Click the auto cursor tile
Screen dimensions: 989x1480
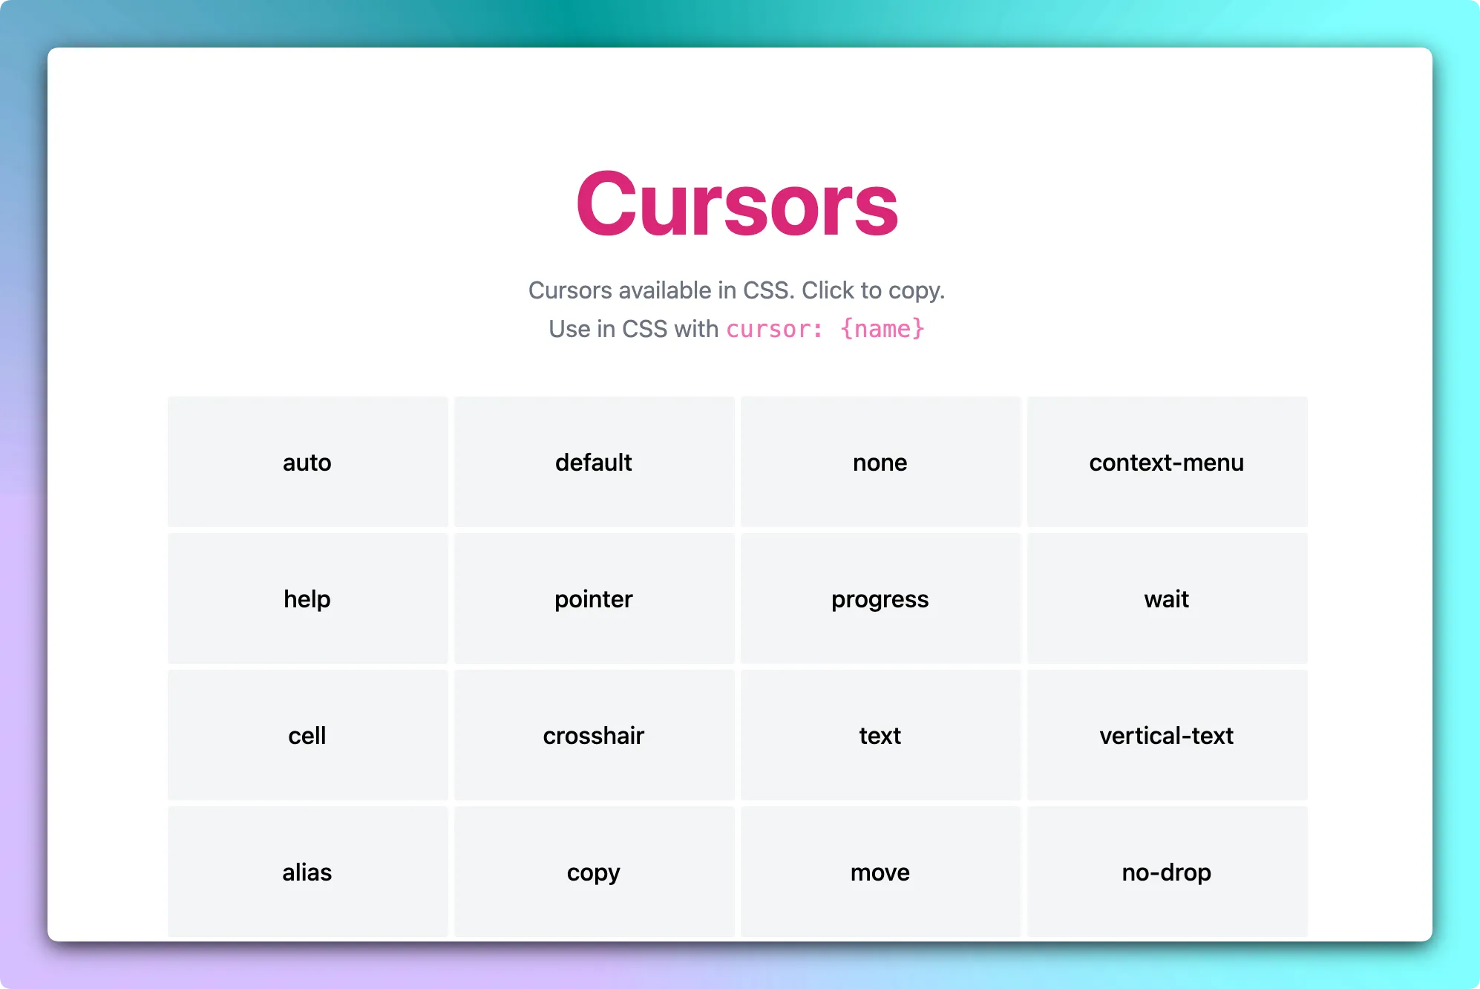coord(307,462)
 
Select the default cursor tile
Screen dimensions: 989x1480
coord(594,462)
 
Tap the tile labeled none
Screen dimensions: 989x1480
coord(880,462)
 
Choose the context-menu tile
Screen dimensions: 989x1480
coord(1167,462)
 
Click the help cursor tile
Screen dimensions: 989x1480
coord(307,598)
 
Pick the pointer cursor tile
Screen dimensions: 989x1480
coord(594,598)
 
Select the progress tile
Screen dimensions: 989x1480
coord(880,598)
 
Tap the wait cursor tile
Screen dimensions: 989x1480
coord(1167,598)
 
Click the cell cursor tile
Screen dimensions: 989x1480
coord(307,735)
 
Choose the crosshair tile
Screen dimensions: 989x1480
coord(594,735)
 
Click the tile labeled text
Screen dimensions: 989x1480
coord(880,735)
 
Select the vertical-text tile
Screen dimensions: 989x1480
coord(1167,735)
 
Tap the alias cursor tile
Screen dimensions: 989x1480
coord(307,872)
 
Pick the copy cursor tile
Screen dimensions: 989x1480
coord(594,872)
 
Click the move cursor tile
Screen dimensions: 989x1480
coord(880,872)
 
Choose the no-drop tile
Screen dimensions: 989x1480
coord(1167,872)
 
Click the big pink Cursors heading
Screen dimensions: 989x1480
coord(737,204)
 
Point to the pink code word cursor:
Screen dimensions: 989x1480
coord(774,329)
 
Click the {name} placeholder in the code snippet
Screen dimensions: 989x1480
coord(883,329)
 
